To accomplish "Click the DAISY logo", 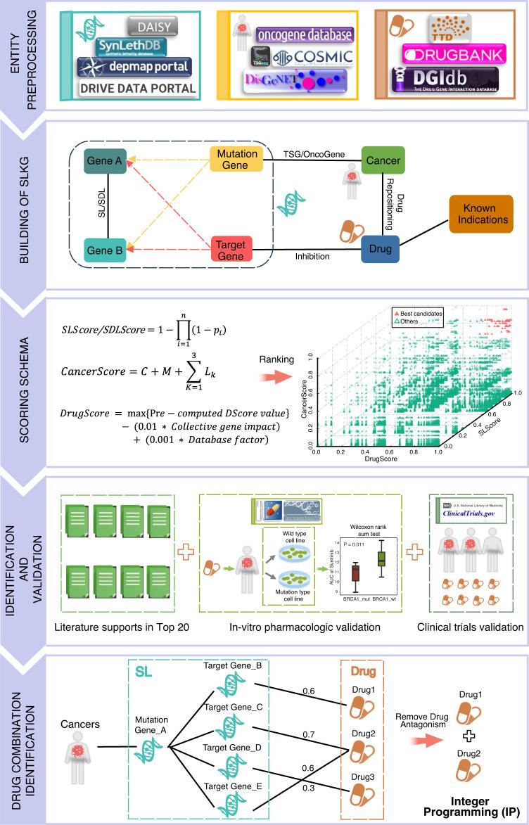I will (151, 26).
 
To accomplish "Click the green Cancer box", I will (381, 161).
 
